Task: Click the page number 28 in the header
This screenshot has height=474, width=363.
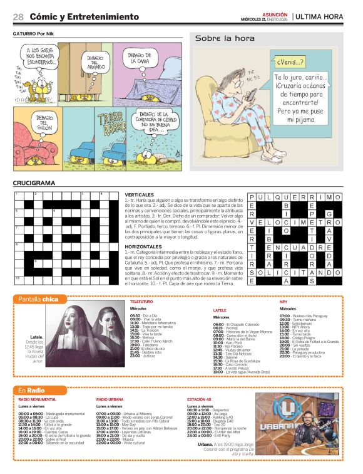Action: point(18,16)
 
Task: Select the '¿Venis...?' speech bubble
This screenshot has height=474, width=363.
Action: point(289,62)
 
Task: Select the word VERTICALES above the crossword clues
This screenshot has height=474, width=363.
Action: point(139,195)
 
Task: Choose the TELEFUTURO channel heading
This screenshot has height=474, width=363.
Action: point(141,302)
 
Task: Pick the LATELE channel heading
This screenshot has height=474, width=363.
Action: point(220,310)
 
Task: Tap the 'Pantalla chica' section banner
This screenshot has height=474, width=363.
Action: point(38,300)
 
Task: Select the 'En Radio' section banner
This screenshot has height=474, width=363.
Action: point(32,391)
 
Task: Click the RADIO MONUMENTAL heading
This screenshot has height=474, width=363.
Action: point(38,399)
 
